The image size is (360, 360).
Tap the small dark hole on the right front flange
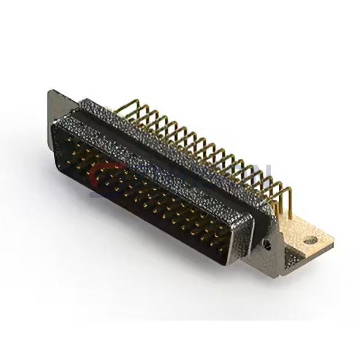coord(268,244)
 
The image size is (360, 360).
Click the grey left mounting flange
coord(55,105)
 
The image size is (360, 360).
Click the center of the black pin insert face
coord(144,192)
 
